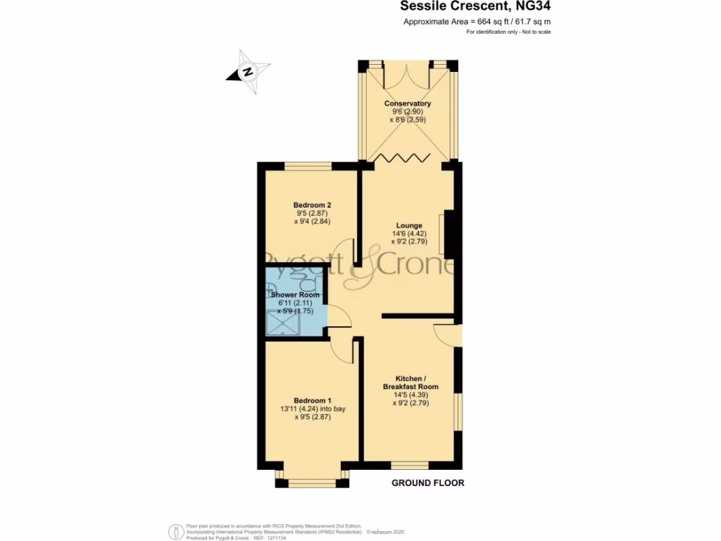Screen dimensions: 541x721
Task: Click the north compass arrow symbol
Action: tap(248, 71)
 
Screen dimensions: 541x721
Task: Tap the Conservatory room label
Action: tap(407, 104)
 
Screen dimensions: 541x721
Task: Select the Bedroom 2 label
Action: tap(312, 205)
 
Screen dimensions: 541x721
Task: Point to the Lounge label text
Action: tap(409, 225)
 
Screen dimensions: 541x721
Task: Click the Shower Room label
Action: tap(296, 294)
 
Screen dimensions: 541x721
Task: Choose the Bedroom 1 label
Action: tap(312, 400)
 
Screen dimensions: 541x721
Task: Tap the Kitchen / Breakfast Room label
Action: tap(410, 383)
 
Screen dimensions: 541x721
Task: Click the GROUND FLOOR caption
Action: tap(428, 483)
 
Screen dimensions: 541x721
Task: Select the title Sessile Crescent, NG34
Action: tap(475, 7)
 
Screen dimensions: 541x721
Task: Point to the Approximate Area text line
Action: tap(477, 22)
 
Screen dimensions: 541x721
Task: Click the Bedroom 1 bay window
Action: tap(312, 482)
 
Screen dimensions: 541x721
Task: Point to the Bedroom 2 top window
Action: tap(308, 166)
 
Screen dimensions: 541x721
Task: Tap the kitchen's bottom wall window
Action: tap(410, 466)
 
